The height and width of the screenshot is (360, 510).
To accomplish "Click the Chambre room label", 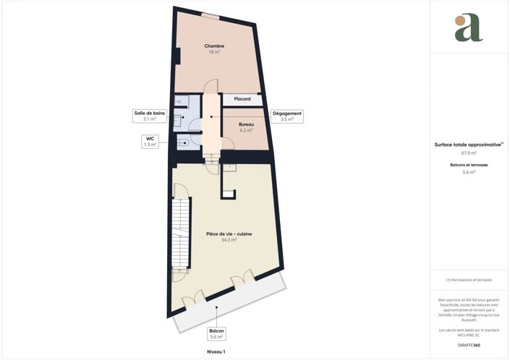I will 214,46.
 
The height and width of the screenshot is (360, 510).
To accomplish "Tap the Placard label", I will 242,99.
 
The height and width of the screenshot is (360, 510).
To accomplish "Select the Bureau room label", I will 246,124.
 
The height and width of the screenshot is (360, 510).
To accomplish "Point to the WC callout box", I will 150,142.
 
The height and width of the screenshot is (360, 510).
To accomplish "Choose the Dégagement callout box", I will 287,116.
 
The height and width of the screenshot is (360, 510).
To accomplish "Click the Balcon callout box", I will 217,334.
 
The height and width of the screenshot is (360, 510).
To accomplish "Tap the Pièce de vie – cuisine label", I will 229,233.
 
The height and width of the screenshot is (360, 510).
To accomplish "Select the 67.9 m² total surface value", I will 469,153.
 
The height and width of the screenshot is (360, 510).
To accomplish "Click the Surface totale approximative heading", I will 468,145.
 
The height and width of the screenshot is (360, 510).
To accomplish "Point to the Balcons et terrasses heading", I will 468,166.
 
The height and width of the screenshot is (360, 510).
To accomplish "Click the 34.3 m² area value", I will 229,239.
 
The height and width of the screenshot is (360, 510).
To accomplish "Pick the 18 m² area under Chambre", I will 214,52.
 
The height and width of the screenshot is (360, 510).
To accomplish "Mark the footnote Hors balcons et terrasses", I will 469,280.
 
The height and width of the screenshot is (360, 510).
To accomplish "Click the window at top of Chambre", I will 211,16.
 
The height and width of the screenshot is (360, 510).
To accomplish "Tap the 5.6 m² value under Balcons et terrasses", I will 469,173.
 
